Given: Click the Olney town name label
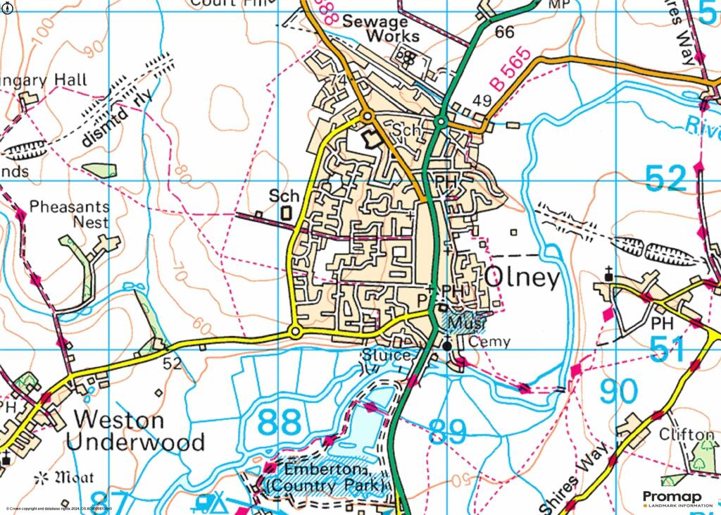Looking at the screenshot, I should pos(522,278).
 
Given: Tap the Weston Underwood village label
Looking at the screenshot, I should pos(139,431).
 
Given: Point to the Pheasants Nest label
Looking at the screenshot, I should pos(69,214).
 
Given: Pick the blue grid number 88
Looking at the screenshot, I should pos(280,423).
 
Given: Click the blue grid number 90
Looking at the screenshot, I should pos(619,392).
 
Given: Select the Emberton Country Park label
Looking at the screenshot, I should pos(325,478).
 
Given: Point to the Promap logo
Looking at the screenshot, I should pos(677,498).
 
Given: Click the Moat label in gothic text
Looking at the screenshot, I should pos(68,478).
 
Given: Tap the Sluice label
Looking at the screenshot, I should pos(387,355).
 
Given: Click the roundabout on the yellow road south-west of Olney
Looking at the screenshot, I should pos(296,331).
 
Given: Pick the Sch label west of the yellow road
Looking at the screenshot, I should pos(284,196).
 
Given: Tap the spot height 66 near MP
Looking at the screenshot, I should pos(504,32).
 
